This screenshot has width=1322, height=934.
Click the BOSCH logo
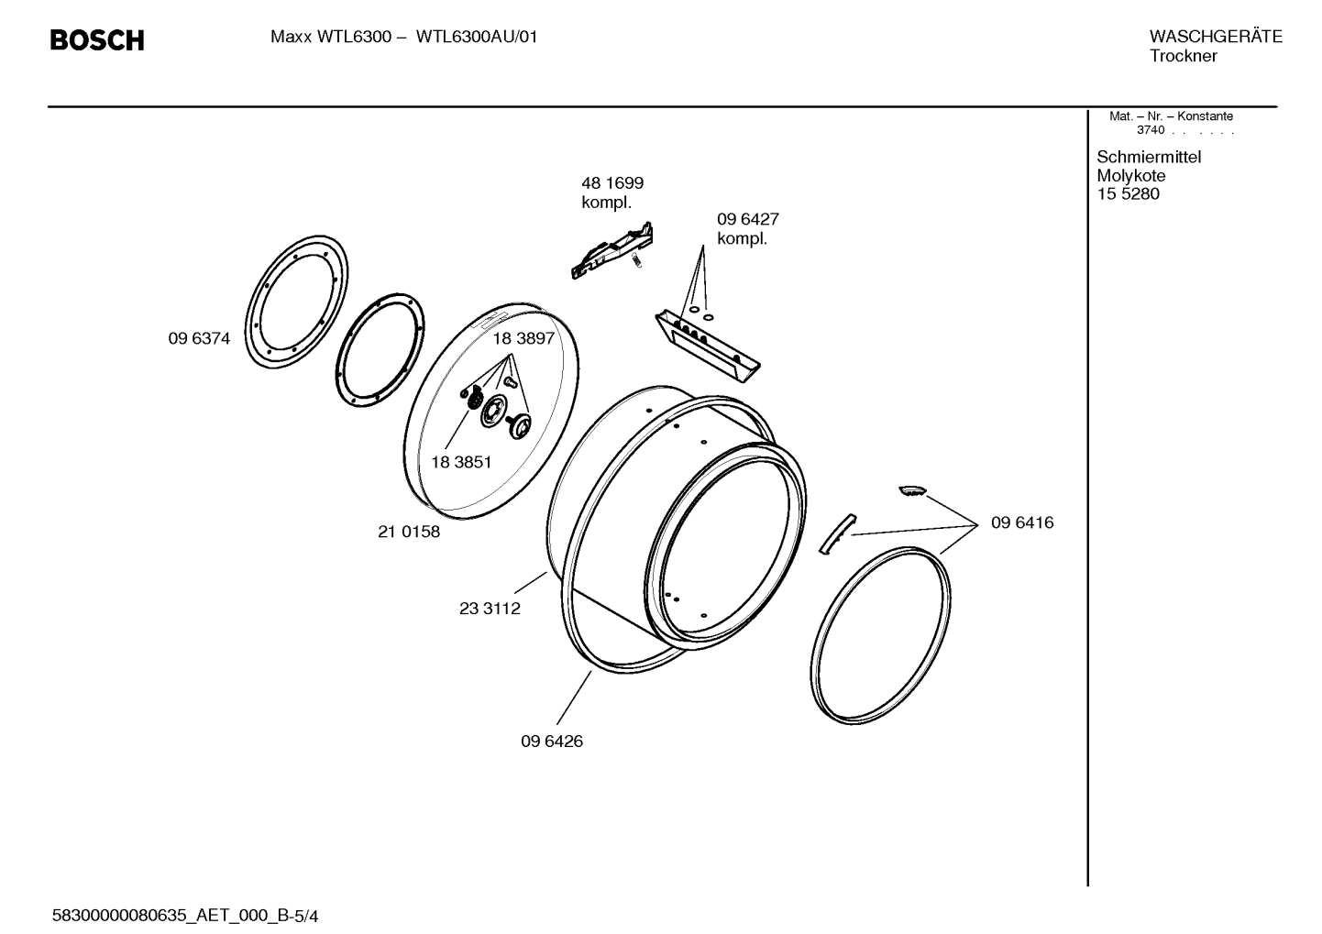tap(96, 40)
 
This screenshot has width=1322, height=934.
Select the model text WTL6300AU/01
tap(477, 38)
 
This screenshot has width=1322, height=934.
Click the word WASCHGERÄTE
tap(1215, 37)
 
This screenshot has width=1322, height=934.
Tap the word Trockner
tap(1184, 56)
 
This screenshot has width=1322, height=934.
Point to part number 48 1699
tap(612, 183)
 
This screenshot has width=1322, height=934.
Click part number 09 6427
tap(747, 220)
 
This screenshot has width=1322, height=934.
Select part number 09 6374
tap(199, 338)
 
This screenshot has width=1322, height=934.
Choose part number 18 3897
tap(523, 338)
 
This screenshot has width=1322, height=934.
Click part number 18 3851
tap(461, 462)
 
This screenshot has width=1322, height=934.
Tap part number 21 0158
tap(409, 532)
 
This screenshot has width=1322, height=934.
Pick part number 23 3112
tap(490, 609)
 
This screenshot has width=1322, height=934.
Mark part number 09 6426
tap(552, 741)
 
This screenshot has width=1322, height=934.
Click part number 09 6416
tap(1022, 522)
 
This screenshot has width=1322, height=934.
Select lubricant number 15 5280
tap(1128, 194)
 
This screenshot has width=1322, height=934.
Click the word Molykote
tap(1131, 176)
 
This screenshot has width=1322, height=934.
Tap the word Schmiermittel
tap(1149, 157)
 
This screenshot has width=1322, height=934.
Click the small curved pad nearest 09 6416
tap(913, 489)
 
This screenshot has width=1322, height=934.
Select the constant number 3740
tap(1150, 130)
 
